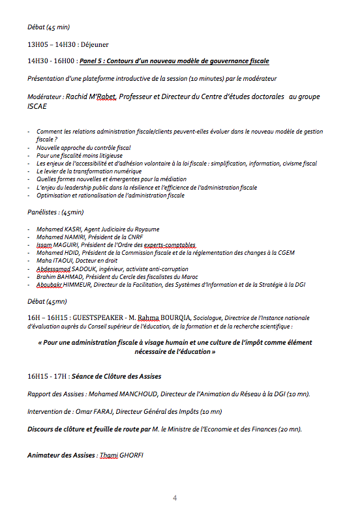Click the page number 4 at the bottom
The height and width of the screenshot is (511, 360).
tap(175, 498)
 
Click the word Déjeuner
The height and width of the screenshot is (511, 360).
tap(95, 44)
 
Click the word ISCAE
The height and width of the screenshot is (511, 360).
tap(38, 106)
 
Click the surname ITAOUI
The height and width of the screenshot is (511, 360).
tap(62, 261)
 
